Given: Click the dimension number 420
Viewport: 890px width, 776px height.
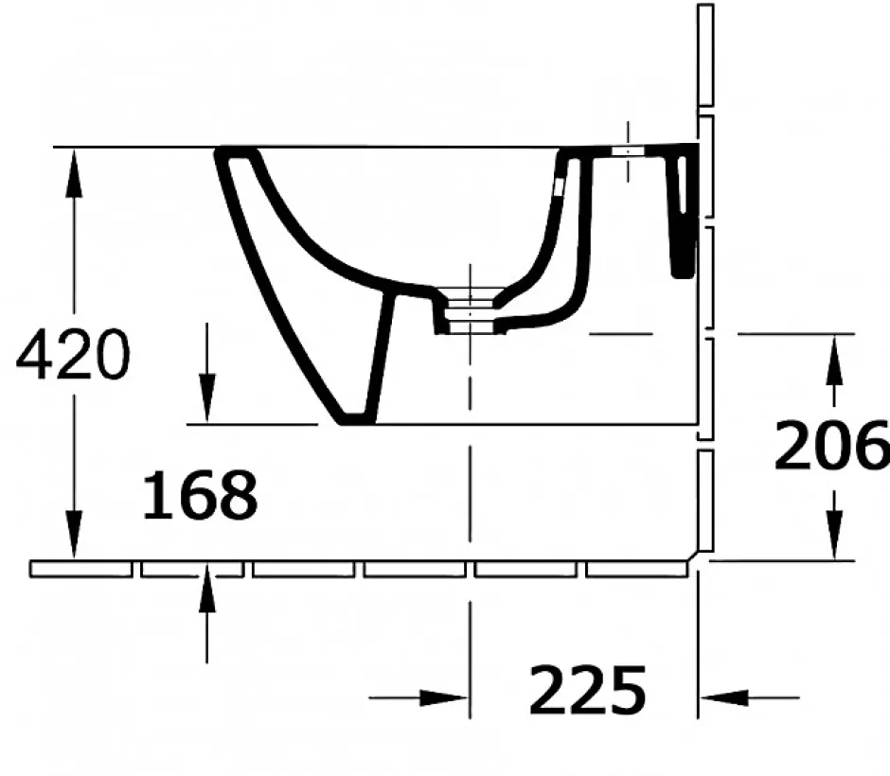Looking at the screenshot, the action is click(x=73, y=355).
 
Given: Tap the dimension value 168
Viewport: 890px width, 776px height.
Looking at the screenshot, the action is click(x=200, y=495).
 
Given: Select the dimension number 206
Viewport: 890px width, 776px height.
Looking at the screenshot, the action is click(x=831, y=445).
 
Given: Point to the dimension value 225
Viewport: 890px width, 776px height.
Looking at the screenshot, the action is click(x=587, y=690).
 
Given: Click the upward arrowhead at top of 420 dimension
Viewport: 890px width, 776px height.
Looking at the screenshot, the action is click(x=73, y=172).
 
